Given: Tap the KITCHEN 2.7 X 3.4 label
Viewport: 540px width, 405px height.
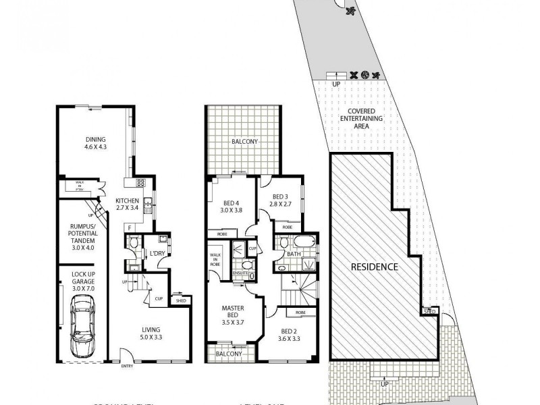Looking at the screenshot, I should (127, 205).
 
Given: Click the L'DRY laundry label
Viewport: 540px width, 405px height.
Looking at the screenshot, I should (157, 253).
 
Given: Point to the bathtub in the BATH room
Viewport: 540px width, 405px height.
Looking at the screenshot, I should (297, 242).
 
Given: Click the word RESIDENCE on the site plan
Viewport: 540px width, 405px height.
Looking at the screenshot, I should (375, 267).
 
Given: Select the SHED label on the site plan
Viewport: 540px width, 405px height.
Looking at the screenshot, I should (429, 311).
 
